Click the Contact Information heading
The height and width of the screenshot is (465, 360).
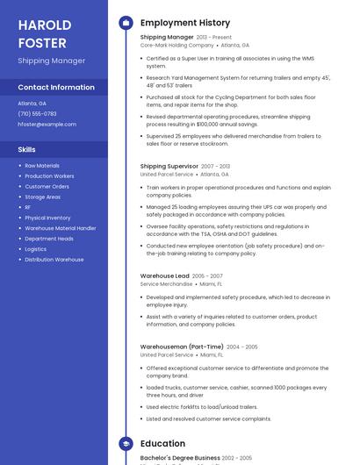click(56, 88)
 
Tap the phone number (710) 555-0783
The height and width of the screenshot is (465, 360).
click(37, 114)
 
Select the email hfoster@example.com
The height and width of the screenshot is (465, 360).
click(47, 125)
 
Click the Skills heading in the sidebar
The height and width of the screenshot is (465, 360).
click(26, 149)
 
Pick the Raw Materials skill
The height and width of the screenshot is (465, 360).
click(42, 166)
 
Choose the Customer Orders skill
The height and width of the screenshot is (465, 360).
click(47, 187)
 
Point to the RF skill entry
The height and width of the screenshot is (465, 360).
click(28, 208)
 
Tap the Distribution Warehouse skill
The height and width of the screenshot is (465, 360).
click(54, 260)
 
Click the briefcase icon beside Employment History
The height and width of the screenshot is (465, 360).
click(126, 23)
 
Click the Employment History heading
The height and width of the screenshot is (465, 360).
click(185, 23)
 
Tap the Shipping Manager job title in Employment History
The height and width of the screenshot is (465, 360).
click(167, 38)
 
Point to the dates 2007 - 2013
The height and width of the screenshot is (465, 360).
click(215, 166)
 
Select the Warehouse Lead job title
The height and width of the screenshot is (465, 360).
click(164, 276)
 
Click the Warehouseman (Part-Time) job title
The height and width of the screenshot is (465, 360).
click(182, 347)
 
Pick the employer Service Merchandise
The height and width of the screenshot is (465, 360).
click(166, 284)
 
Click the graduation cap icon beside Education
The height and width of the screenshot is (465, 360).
click(126, 444)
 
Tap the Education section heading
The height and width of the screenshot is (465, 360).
click(162, 444)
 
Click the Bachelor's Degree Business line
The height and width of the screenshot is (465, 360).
click(180, 458)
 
